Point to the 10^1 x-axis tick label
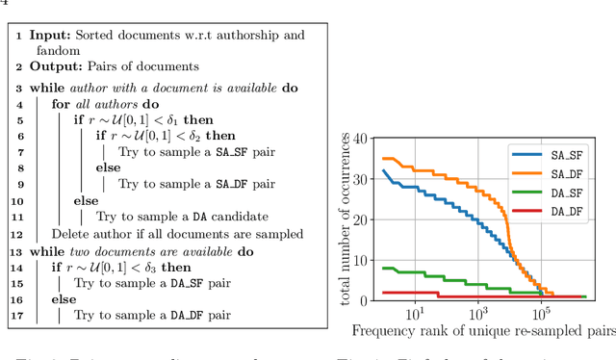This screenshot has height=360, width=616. tap(415, 313)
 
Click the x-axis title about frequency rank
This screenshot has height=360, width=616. tap(482, 332)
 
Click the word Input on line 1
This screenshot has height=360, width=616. tap(49, 35)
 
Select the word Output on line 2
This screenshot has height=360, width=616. tap(54, 65)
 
